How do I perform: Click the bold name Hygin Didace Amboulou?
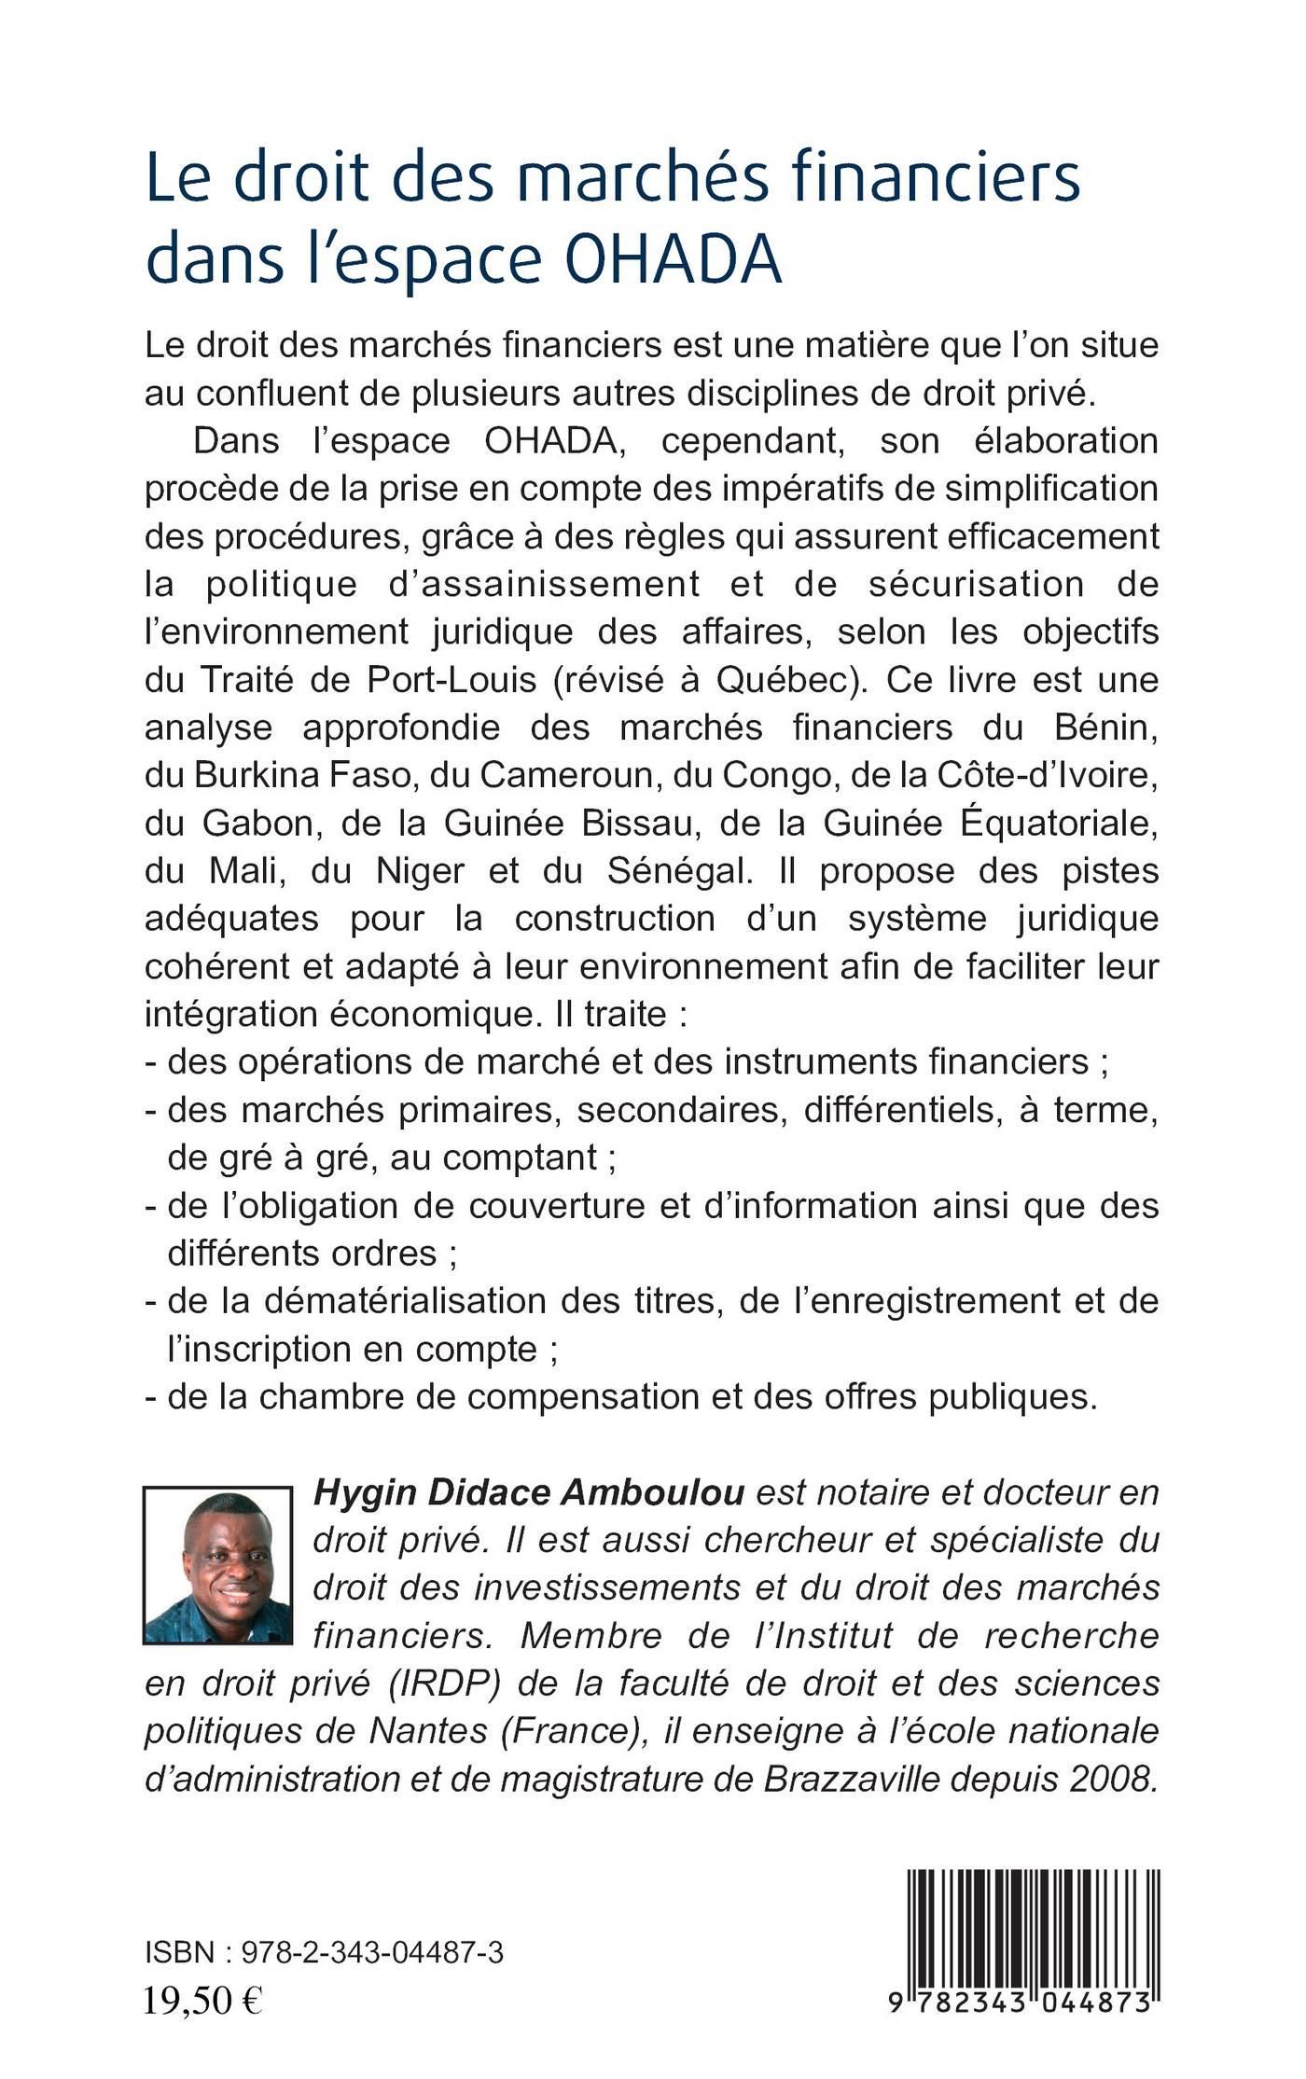[x=529, y=1492]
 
